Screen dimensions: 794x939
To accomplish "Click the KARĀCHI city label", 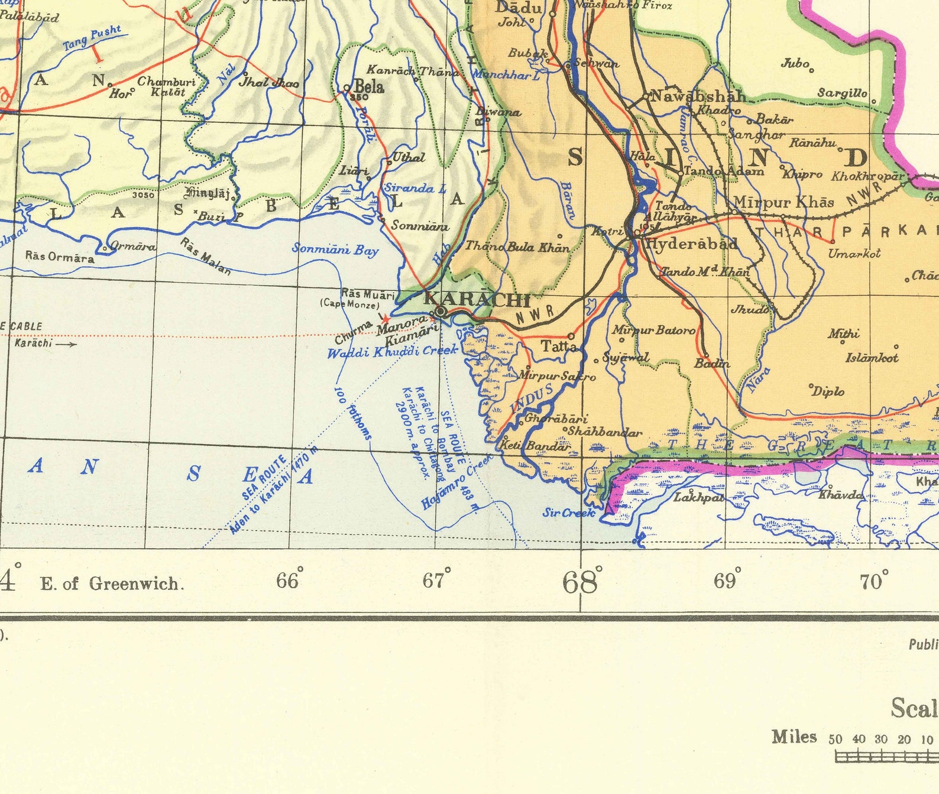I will tap(477, 299).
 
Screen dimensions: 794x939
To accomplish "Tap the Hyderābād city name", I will tap(691, 244).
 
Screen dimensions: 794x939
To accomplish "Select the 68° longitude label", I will tap(582, 582).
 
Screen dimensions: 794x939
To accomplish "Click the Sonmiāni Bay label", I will tap(335, 249).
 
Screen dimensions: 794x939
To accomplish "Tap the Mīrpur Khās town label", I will tap(783, 202).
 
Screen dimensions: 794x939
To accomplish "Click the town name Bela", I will tap(369, 87).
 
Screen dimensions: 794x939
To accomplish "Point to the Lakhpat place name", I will tap(698, 498).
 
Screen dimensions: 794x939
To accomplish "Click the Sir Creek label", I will tap(568, 513).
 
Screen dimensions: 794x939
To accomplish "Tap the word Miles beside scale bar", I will tap(794, 737).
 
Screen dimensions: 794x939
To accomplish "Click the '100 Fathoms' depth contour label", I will tap(354, 413).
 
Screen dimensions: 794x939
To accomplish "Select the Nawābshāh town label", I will tap(697, 96).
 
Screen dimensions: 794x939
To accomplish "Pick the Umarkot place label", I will tap(854, 254).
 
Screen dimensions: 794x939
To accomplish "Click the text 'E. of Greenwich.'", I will tap(112, 584).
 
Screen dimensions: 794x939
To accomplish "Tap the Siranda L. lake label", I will tap(415, 189).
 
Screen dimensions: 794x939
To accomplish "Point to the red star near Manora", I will tap(387, 318).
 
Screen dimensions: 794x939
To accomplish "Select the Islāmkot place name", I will tap(872, 358).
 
